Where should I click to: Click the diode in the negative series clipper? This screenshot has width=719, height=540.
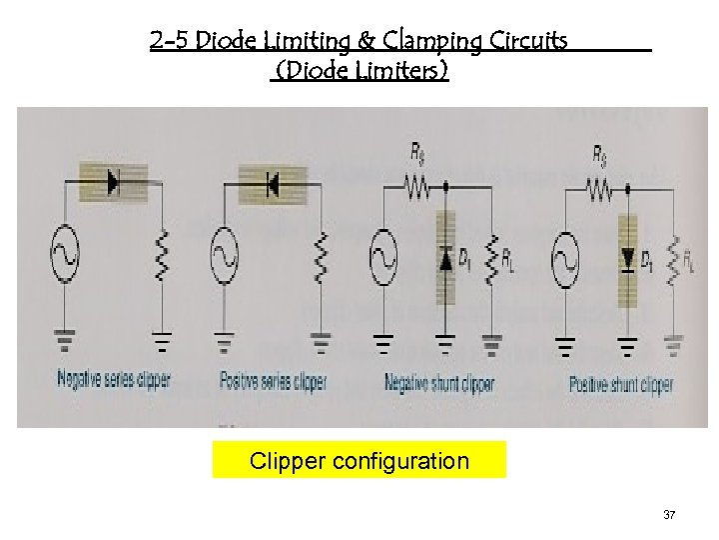(113, 183)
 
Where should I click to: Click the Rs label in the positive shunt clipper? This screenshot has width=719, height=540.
(599, 155)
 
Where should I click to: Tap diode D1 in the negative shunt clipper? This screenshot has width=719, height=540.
(445, 259)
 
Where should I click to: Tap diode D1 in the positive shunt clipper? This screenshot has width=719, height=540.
(627, 259)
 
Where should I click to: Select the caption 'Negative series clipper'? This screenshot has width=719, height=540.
(114, 380)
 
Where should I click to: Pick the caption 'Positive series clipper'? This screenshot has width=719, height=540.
(273, 381)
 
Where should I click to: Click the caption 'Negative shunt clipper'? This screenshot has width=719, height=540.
(439, 383)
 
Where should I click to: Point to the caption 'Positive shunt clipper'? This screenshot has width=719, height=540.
(621, 383)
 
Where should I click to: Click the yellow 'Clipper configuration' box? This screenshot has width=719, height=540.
(359, 461)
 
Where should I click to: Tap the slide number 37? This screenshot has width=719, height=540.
(669, 515)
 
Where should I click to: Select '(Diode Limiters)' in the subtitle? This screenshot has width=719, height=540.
(360, 71)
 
